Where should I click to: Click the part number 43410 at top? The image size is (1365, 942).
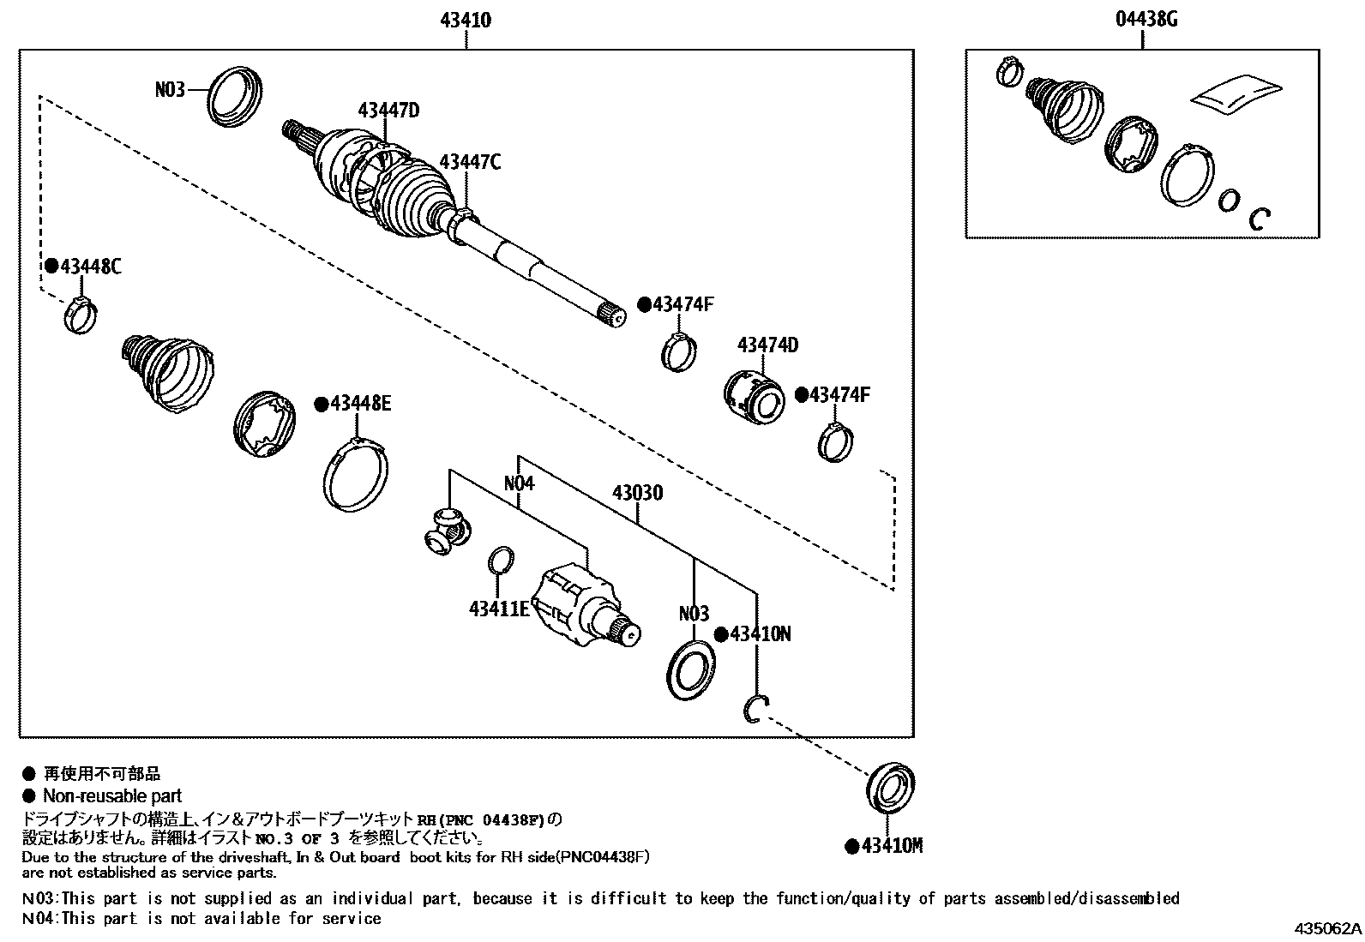[x=466, y=20]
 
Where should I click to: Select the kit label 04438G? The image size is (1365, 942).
[x=1146, y=20]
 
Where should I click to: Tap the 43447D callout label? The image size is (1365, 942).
[x=388, y=110]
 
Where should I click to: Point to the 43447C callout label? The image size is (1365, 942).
[x=470, y=161]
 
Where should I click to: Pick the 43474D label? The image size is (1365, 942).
[x=767, y=345]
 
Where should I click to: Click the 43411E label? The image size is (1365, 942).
[x=499, y=609]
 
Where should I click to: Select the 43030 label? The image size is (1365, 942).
[x=637, y=493]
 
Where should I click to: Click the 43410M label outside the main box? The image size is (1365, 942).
[x=892, y=846]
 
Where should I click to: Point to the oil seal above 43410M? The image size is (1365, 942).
[x=889, y=785]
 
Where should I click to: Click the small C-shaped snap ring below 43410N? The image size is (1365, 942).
[x=755, y=710]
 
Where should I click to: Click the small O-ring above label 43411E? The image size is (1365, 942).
[x=501, y=561]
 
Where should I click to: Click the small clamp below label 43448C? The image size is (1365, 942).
[x=81, y=315]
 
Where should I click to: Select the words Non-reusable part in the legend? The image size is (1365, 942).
[x=112, y=796]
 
